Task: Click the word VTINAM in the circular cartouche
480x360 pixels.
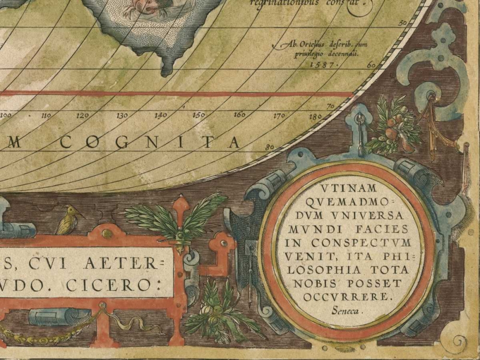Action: click(349, 189)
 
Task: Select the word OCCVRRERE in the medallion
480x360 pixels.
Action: click(348, 297)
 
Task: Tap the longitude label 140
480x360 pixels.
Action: click(160, 115)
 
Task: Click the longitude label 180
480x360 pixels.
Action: click(315, 116)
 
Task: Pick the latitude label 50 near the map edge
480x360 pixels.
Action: click(403, 23)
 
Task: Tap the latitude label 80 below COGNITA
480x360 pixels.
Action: click(269, 147)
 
